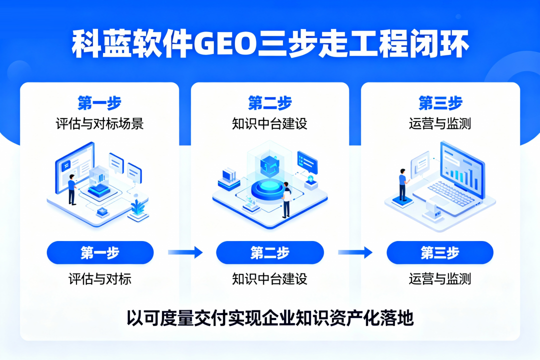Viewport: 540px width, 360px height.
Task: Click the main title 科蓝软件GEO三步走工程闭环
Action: [270, 44]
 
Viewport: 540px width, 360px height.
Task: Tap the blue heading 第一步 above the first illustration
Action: [99, 102]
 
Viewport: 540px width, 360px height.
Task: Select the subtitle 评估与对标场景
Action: [99, 123]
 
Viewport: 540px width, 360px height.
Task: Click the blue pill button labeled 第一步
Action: [100, 252]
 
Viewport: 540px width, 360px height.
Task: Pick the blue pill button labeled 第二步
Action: [270, 252]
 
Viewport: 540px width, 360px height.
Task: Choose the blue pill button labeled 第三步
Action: [440, 252]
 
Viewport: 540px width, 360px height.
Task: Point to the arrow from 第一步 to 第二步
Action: [185, 252]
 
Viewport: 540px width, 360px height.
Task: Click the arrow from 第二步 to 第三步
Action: [355, 252]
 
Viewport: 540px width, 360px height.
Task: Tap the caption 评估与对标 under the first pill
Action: [100, 278]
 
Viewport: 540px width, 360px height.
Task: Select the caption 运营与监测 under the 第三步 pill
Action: [440, 278]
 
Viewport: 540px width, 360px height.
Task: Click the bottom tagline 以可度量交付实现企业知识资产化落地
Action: [270, 317]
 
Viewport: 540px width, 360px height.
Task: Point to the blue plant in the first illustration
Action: [138, 207]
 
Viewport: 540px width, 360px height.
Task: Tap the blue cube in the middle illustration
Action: [269, 166]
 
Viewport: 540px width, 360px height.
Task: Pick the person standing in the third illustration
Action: [402, 185]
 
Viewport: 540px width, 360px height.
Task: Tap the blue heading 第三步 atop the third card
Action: [440, 102]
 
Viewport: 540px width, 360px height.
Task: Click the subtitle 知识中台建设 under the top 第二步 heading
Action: [269, 123]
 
